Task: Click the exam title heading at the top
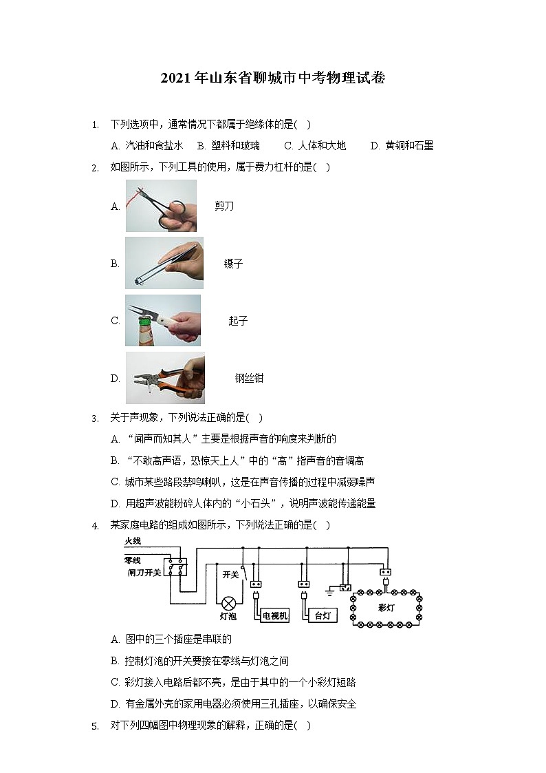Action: [273, 78]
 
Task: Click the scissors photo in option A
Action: [161, 206]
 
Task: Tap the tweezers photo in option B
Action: [164, 263]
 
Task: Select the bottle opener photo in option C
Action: [163, 321]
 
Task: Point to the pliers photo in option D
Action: [165, 378]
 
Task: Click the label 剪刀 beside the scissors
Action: [224, 206]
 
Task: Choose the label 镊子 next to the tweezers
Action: [233, 264]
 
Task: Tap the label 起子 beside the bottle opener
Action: [238, 321]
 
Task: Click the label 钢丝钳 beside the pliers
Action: [249, 378]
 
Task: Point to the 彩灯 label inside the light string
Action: [386, 608]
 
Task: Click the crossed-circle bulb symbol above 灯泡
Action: [228, 597]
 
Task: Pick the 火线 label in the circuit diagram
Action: [133, 542]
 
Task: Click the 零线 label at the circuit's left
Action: [133, 561]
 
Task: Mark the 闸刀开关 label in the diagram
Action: [144, 572]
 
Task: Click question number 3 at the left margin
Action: [95, 418]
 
